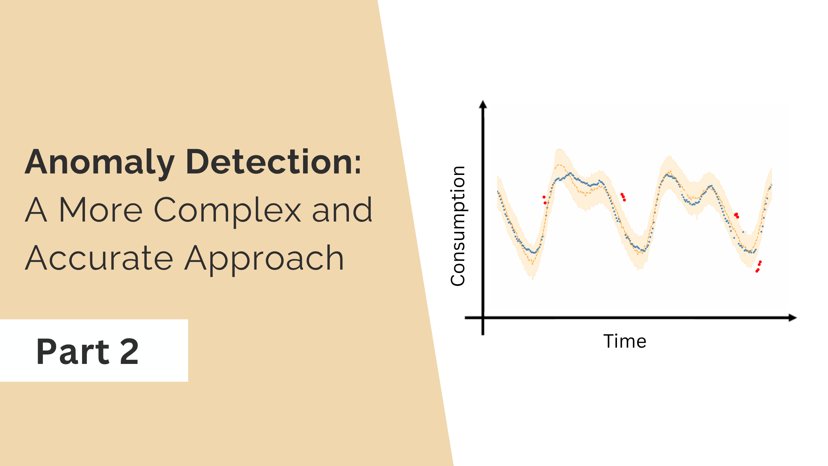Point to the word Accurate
pos(99,258)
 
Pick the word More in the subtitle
pos(101,210)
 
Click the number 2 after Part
pos(129,352)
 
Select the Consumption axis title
pos(458,226)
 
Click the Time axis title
pos(625,341)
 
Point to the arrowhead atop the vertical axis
pos(483,104)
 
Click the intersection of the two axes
pos(483,318)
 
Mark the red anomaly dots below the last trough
pos(759,266)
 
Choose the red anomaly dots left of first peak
pos(544,200)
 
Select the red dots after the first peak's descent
pos(623,197)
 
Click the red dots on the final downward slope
pos(736,215)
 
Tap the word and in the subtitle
pos(342,210)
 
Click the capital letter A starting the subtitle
pos(36,210)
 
